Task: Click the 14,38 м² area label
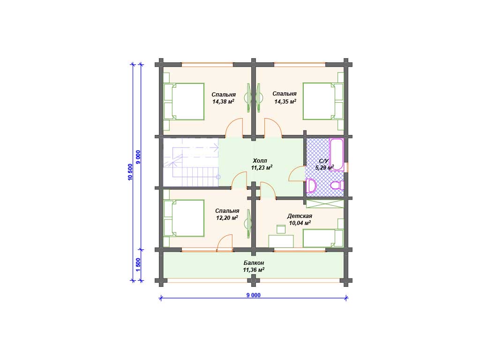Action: tap(224, 102)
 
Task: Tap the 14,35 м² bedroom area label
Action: tap(285, 102)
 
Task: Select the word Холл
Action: tap(260, 161)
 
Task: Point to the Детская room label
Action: tap(300, 216)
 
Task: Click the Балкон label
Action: tap(254, 263)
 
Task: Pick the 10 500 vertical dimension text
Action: tap(130, 172)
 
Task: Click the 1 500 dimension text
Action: tap(138, 265)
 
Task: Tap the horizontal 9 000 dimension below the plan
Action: tap(254, 295)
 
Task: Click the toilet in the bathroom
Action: tap(337, 185)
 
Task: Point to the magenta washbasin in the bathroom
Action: tap(311, 186)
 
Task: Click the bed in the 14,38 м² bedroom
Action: tap(184, 102)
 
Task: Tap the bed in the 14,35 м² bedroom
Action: tap(323, 101)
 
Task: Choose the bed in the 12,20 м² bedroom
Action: tap(184, 218)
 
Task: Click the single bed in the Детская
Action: tap(323, 238)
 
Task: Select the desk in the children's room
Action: tap(281, 241)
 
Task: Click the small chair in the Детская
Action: tap(281, 229)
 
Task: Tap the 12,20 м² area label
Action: tap(227, 218)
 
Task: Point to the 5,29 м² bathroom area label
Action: tap(324, 168)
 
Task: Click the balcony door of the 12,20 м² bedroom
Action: tap(225, 243)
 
